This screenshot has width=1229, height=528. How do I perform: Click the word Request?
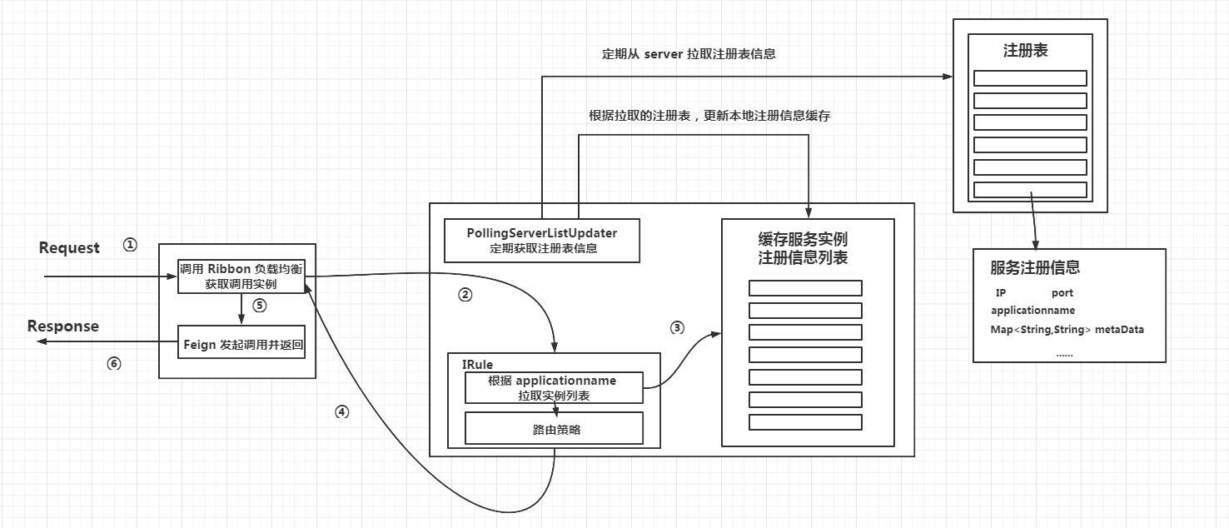(x=69, y=247)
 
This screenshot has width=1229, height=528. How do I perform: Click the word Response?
(x=63, y=326)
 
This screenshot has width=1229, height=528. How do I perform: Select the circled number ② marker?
(x=465, y=294)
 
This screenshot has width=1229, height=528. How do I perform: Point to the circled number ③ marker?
(x=677, y=327)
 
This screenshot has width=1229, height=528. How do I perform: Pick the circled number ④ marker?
(x=341, y=411)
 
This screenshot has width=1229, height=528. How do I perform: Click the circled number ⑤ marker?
(x=259, y=305)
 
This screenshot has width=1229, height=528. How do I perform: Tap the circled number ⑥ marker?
(x=114, y=363)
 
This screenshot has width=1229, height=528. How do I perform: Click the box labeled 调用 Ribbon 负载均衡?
(x=241, y=276)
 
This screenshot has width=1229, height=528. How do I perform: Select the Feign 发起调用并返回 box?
(x=241, y=343)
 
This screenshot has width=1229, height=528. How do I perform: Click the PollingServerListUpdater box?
(x=542, y=240)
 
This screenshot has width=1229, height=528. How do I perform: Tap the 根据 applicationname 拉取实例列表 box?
(x=554, y=387)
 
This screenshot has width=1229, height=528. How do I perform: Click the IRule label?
(x=477, y=364)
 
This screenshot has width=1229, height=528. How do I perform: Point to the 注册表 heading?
(x=1025, y=51)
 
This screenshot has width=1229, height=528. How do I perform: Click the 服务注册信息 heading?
(x=1035, y=267)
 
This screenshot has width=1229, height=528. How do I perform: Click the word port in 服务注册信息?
(x=1062, y=292)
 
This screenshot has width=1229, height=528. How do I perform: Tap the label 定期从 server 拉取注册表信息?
(x=689, y=54)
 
